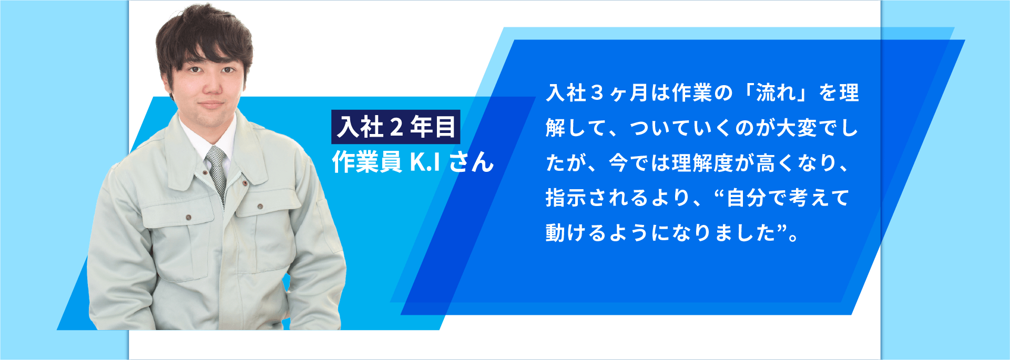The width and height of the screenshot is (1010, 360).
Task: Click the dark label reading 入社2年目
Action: [395, 127]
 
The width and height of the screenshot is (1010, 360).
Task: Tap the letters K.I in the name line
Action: [425, 162]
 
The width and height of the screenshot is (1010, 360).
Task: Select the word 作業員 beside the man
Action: [366, 162]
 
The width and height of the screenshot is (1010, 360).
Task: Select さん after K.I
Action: [472, 162]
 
